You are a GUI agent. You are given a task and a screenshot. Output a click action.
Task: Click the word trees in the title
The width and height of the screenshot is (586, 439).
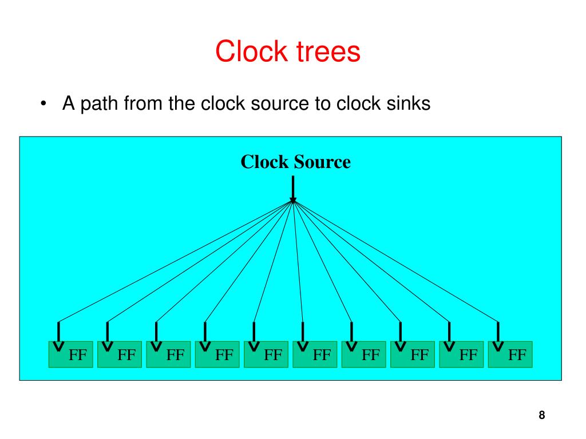(327, 51)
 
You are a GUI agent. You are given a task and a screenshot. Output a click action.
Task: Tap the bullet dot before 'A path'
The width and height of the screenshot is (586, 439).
(43, 105)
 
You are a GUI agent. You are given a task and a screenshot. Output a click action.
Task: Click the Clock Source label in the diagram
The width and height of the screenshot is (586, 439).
(295, 162)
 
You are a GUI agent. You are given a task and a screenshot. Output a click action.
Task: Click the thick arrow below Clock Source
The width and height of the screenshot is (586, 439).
(293, 189)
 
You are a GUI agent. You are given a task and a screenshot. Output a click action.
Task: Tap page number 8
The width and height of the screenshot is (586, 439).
(541, 416)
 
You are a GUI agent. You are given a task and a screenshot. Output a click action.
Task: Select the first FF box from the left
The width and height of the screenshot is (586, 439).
(70, 354)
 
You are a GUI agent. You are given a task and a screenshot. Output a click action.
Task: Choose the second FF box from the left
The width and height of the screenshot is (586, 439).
(120, 354)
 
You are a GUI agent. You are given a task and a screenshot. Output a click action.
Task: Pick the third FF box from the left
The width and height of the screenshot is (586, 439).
(168, 354)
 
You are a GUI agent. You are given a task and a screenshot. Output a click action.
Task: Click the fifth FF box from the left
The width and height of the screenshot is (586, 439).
(266, 354)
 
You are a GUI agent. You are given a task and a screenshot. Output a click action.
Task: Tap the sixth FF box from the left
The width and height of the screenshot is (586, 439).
(315, 354)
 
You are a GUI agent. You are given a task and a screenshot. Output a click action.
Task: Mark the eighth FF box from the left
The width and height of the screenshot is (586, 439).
(413, 354)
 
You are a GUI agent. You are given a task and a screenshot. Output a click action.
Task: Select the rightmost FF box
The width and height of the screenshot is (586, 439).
(510, 354)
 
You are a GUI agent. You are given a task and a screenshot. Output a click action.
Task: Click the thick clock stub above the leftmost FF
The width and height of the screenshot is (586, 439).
(58, 331)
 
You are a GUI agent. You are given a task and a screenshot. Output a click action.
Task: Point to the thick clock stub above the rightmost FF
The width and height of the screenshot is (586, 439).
(498, 331)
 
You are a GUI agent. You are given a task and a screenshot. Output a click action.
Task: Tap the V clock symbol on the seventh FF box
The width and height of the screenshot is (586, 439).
(351, 347)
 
